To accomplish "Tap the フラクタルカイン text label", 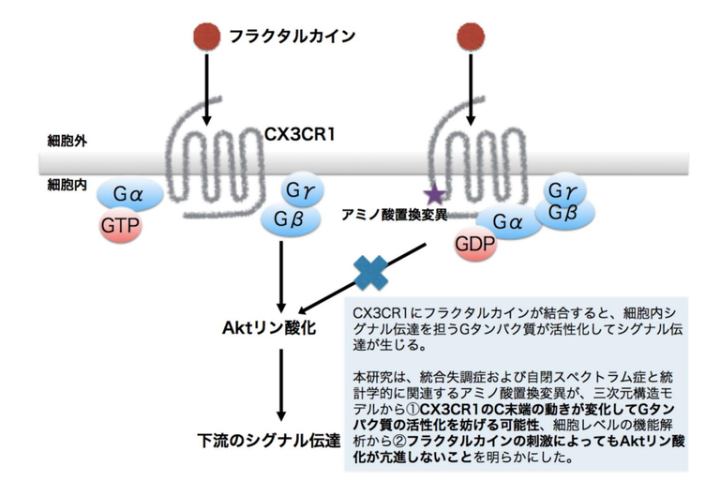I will pos(292,37).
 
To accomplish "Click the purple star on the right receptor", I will pos(434,196).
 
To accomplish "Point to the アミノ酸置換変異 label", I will pos(395,215).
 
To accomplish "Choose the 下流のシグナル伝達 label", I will pos(269,440).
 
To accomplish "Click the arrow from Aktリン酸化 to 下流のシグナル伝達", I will pos(280,384).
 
